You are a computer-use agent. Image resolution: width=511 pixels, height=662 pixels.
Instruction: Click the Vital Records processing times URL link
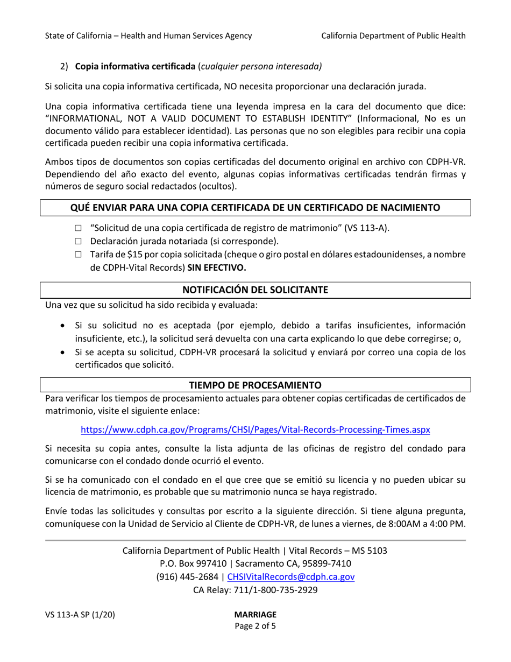point(255,430)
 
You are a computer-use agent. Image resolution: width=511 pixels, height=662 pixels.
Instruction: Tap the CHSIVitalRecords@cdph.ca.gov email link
point(291,576)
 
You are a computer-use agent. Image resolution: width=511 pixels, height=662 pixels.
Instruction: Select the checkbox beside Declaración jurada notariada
point(78,241)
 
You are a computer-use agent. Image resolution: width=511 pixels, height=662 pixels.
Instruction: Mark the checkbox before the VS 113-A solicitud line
point(78,228)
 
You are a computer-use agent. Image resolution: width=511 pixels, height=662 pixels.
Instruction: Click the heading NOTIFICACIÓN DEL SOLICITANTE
point(256,290)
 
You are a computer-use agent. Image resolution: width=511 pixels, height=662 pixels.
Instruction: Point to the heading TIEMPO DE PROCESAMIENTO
point(256,385)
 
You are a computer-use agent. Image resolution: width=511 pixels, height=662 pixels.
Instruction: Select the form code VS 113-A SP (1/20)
point(80,614)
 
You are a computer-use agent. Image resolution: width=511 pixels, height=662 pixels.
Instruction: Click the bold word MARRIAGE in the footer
point(256,614)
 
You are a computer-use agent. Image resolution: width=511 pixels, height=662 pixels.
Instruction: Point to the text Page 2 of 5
point(256,626)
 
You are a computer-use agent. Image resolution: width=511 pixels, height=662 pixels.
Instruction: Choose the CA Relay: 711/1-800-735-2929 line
point(256,589)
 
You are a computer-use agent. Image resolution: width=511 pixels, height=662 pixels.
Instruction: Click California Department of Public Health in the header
point(393,36)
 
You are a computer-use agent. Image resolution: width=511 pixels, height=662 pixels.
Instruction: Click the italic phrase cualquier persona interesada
point(260,67)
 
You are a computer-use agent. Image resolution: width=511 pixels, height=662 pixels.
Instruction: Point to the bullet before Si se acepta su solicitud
point(63,353)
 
